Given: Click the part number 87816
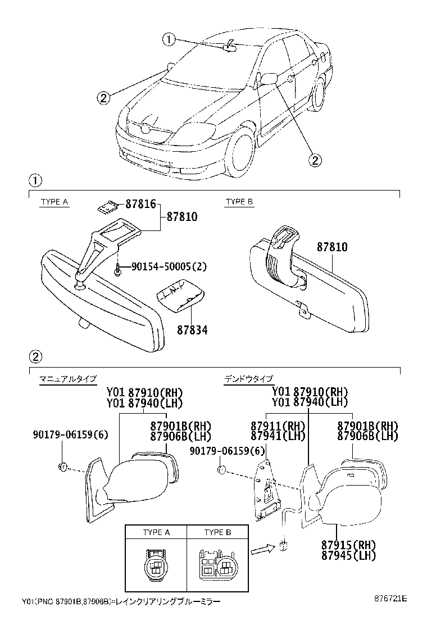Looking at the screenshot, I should (140, 205).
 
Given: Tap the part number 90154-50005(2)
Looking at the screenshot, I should (169, 267).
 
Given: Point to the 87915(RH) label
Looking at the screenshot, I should (348, 545).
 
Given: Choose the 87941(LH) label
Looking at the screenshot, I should (270, 436).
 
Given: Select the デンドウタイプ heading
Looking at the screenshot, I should (248, 379).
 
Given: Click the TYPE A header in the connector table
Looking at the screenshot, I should (156, 532).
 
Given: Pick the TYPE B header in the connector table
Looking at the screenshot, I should (217, 532).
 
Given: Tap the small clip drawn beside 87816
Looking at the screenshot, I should (107, 208).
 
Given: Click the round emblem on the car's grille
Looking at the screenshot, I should (146, 129).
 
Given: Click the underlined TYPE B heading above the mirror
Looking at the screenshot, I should (239, 202).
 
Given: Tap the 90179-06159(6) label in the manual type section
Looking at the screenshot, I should (71, 434).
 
